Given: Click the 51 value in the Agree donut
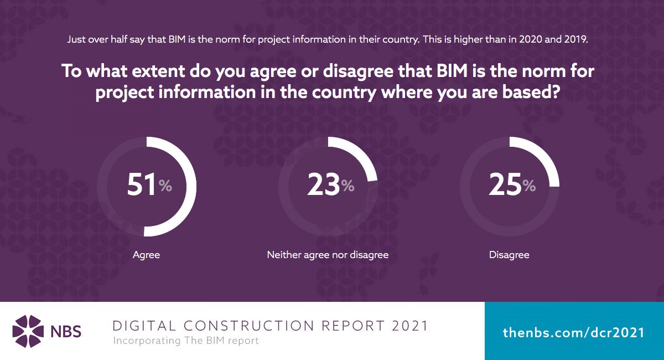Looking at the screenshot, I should click(142, 185).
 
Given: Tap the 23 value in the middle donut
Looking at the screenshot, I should click(323, 185).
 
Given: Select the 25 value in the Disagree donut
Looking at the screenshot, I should click(505, 185).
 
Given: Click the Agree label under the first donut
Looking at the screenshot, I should click(146, 255).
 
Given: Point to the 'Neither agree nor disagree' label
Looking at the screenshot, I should click(328, 255).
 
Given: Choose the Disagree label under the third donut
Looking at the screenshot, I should click(509, 255).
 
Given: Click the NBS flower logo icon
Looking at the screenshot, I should click(28, 331).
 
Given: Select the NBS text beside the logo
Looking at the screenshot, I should click(68, 332).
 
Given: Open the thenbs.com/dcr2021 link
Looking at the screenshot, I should click(573, 332).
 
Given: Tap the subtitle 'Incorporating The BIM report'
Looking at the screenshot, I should click(186, 341).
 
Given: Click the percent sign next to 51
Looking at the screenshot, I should click(165, 186).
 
